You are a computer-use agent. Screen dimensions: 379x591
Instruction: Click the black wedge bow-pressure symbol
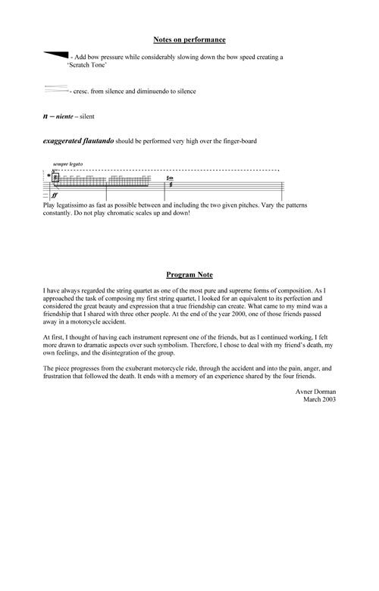[x=57, y=55]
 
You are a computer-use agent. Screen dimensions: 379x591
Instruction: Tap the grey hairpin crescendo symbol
[x=56, y=89]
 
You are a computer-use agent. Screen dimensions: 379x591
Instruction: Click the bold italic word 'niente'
[x=67, y=117]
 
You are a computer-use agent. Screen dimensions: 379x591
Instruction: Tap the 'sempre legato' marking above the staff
[x=67, y=164]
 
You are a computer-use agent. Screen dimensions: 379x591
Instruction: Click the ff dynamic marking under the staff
[x=55, y=195]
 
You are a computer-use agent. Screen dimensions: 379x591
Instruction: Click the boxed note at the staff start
[x=55, y=177]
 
